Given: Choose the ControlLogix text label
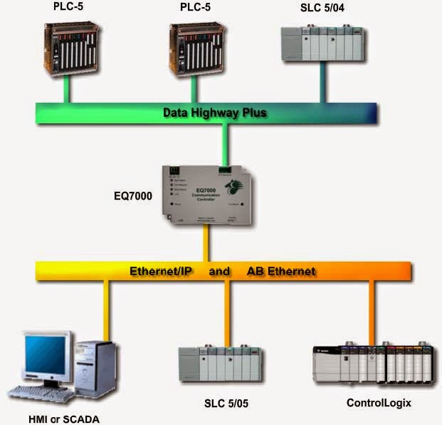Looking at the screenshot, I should [379, 403].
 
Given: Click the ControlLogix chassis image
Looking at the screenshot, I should [374, 364].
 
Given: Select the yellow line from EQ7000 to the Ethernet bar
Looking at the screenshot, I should [208, 245].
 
